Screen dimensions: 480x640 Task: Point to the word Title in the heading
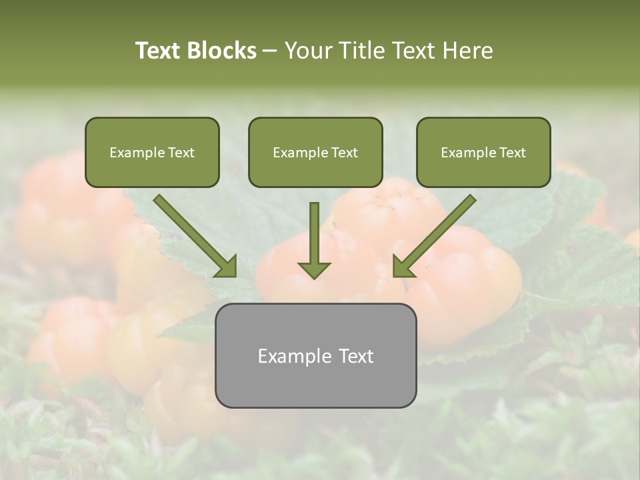pos(362,51)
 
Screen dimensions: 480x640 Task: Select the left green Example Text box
pos(152,152)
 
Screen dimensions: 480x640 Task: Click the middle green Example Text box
pos(315,152)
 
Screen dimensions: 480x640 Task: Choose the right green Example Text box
pos(483,152)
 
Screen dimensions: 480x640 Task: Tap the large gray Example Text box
pos(315,355)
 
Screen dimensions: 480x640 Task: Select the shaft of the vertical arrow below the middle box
pos(314,230)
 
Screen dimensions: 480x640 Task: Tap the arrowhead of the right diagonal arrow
pos(404,266)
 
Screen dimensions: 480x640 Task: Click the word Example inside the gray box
pos(287,356)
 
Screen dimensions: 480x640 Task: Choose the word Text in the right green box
pos(512,153)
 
